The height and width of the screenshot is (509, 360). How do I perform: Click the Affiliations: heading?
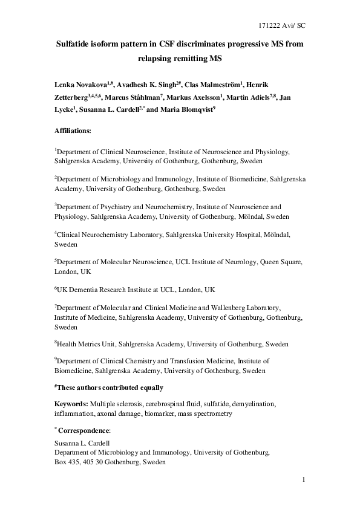(73, 130)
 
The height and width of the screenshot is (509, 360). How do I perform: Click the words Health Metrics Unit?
(87, 344)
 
